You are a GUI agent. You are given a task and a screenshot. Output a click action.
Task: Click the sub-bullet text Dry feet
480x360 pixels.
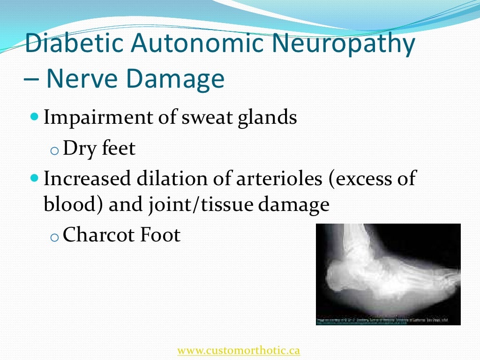(99, 149)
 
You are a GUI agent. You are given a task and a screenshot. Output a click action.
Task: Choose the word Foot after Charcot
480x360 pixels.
(160, 235)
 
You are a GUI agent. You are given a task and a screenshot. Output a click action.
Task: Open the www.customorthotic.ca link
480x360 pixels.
(239, 350)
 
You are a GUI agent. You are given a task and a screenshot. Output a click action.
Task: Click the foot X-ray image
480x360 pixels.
(388, 274)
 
